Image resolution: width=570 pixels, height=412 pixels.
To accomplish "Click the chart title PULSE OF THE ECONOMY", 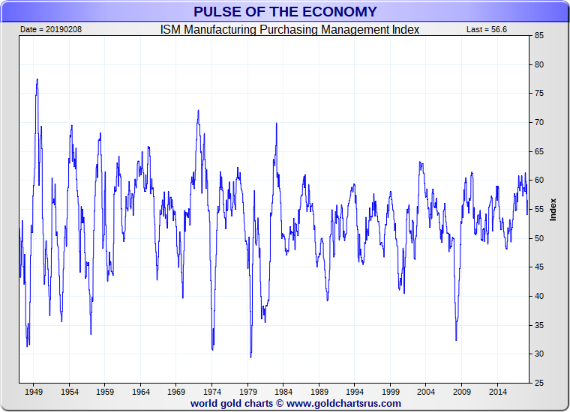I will pos(285,11).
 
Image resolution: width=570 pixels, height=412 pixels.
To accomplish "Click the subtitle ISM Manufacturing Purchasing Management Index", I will pos(289,30).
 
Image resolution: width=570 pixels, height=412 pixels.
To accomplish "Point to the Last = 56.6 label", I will pos(488,30).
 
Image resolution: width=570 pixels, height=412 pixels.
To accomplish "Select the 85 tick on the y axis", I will pos(538,35).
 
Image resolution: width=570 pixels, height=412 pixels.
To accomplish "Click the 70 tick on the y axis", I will pos(538,122).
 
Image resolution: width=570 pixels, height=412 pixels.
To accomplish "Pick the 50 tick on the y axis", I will pos(538,238).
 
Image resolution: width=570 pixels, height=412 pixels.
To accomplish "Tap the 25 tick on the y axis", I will pos(538,383).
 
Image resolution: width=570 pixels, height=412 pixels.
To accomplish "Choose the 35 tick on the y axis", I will pos(538,325).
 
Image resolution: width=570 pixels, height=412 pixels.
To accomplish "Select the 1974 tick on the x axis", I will pos(212,392).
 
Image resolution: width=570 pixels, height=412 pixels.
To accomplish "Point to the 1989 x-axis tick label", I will pos(319,392).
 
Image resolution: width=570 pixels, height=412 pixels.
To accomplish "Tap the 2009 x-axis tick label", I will pos(462,392).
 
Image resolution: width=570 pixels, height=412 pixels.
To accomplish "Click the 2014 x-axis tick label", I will pos(497,392).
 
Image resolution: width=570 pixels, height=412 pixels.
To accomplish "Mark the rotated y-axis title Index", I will pos(553,209).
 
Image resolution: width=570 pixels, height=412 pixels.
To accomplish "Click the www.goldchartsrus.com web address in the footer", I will pos(343,403).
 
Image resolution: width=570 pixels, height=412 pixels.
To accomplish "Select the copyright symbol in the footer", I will pos(279,403).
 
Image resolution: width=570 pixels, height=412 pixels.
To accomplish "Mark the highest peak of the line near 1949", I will pos(37,79).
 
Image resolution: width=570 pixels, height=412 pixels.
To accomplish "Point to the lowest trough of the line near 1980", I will pos(250,357).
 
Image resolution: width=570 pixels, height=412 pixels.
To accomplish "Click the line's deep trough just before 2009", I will pos(456,339).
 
